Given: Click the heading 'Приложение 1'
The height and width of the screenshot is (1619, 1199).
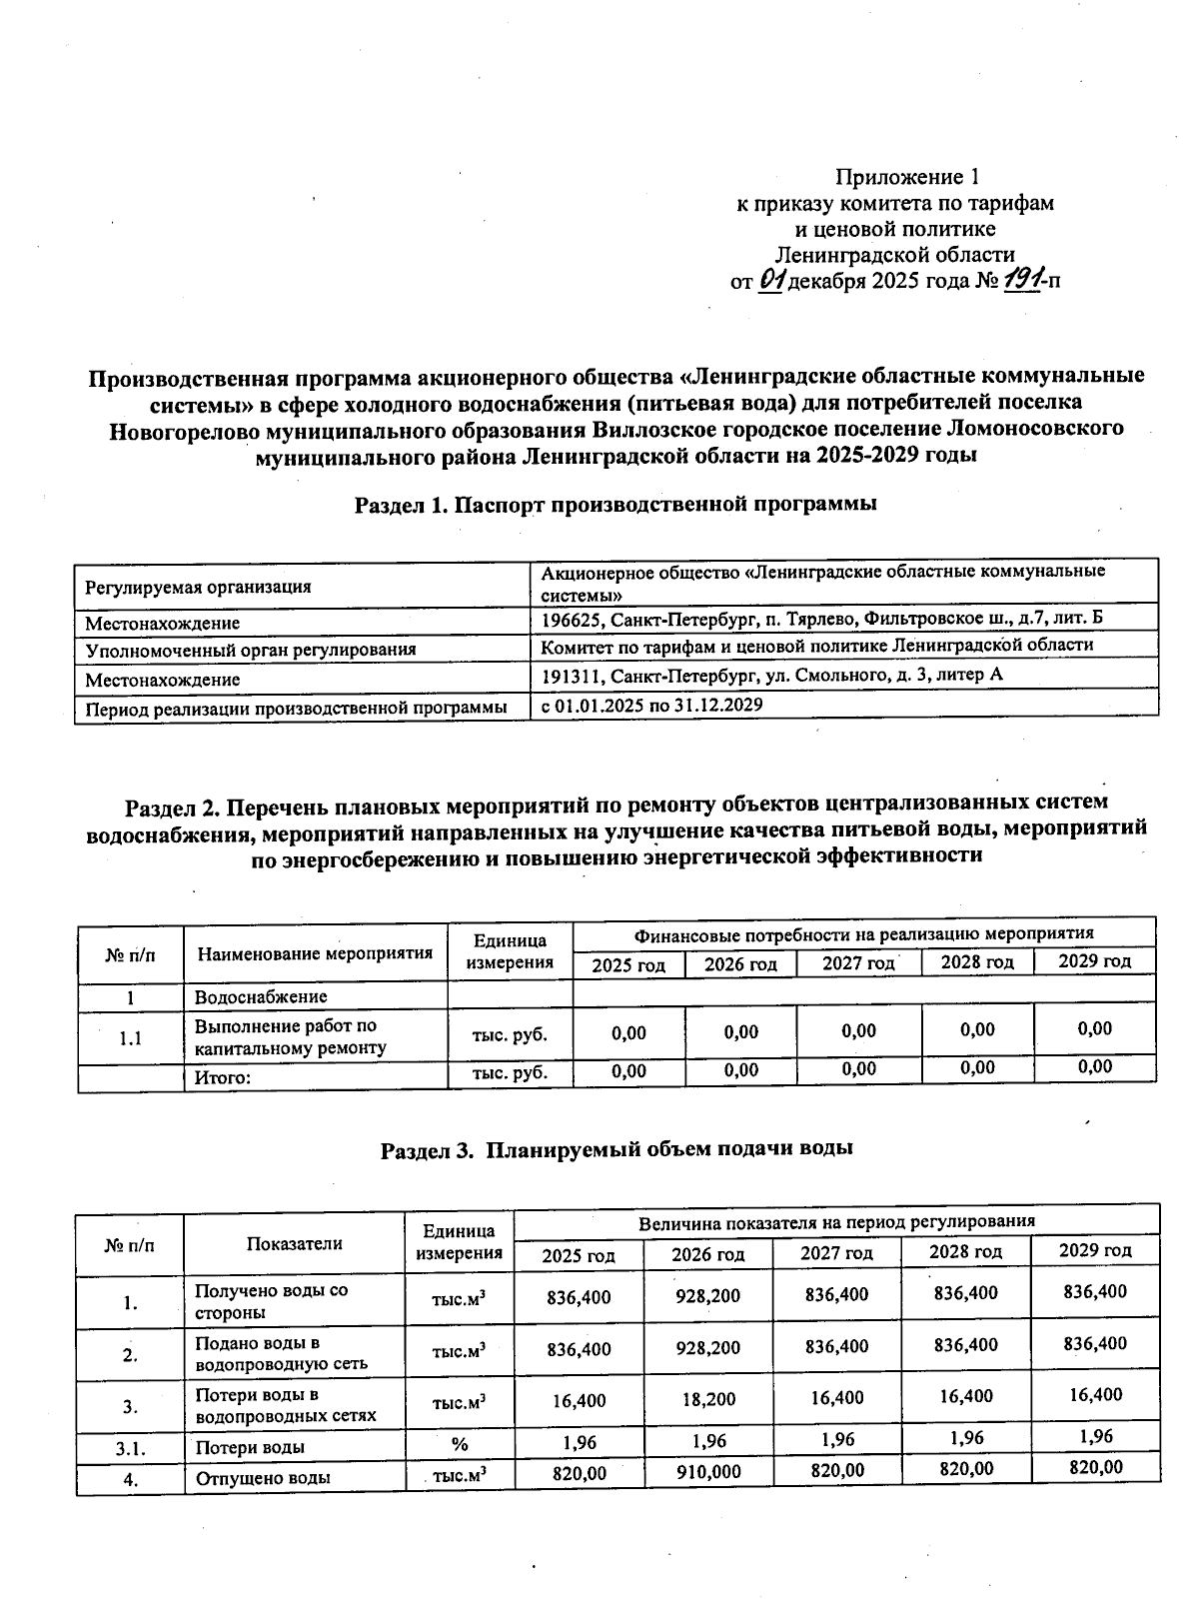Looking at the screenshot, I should point(906,177).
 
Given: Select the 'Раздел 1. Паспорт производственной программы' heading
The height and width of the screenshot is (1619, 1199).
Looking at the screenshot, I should point(615,504).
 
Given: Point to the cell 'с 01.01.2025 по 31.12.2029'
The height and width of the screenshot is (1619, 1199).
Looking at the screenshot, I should point(651,705).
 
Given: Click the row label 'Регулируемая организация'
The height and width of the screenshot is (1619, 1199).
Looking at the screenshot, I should point(198,587).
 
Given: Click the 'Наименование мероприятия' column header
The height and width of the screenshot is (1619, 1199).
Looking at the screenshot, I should point(315,952).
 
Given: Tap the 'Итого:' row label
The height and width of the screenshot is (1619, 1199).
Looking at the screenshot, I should point(222,1077).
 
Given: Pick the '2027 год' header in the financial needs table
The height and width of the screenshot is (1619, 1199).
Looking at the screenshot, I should point(857,962).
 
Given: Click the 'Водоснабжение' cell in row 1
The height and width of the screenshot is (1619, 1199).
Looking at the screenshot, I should point(261,996).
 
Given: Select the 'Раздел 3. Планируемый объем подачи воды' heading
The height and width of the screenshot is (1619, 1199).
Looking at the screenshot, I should point(615,1148).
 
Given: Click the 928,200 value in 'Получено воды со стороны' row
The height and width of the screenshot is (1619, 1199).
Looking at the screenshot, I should point(707,1296).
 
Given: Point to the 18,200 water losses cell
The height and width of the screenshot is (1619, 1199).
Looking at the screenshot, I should point(707,1399).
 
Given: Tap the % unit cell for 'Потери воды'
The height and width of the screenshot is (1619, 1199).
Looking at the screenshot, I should point(459,1444).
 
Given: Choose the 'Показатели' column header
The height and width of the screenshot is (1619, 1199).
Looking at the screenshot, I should point(294,1243).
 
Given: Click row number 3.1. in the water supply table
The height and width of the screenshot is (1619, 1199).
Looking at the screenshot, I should point(130,1446).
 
